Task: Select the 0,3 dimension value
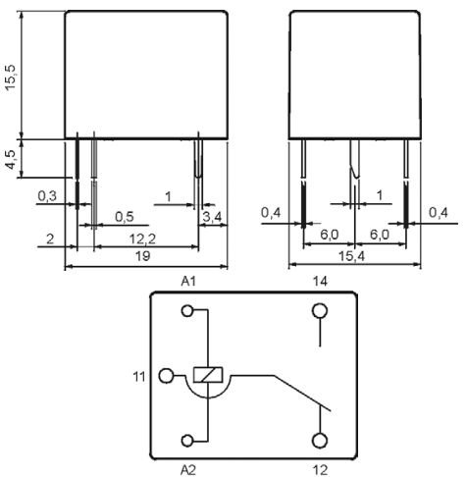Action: click(x=46, y=196)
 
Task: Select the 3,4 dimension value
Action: click(x=210, y=216)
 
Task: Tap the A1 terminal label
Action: click(x=189, y=282)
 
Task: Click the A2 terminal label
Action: click(x=189, y=469)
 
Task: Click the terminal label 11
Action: click(x=138, y=375)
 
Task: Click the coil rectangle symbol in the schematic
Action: click(x=209, y=374)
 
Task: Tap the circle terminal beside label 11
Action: click(x=166, y=375)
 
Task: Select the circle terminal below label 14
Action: click(x=320, y=312)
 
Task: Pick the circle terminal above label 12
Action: click(x=320, y=440)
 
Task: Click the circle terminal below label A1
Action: click(x=188, y=312)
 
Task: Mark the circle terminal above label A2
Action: click(x=188, y=440)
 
